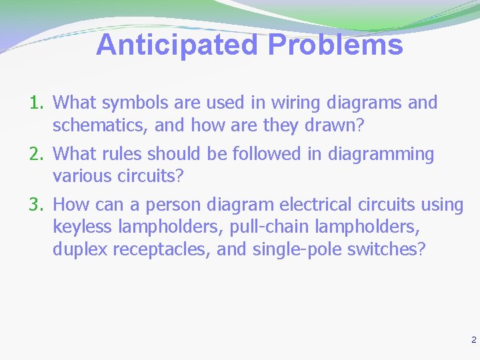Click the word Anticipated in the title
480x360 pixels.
178,45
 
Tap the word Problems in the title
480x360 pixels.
335,45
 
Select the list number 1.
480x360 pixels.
35,103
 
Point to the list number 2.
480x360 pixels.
35,154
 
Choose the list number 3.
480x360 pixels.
35,205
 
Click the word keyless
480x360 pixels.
82,227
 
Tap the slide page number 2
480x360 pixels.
473,340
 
